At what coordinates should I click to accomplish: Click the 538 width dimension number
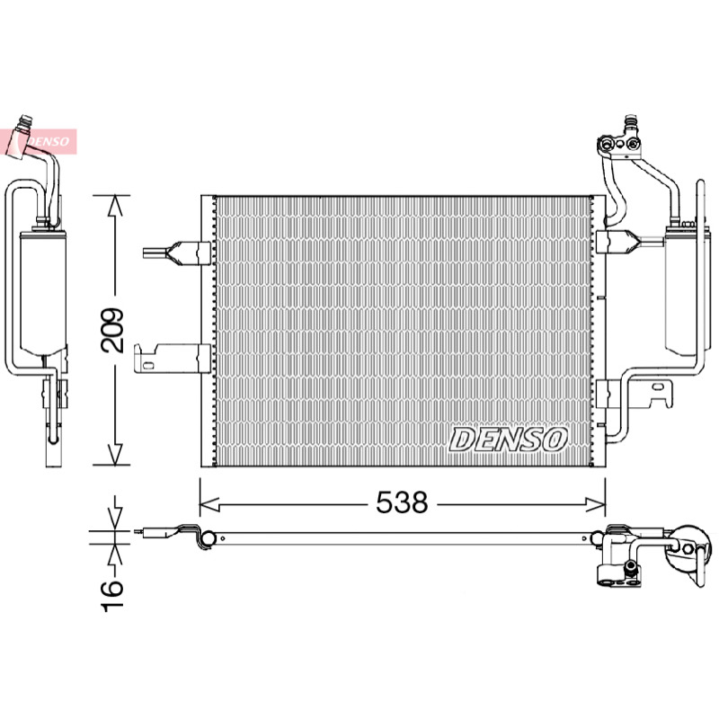pos(402,502)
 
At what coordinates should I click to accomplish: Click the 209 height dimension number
pos(112,330)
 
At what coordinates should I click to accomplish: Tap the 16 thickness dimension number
pos(112,596)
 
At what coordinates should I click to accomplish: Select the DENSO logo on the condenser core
pos(508,439)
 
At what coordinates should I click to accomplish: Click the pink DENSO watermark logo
pos(39,142)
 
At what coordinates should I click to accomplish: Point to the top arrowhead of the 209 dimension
pos(115,205)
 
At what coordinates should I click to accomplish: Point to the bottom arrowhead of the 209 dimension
pos(115,455)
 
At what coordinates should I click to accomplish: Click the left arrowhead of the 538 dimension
pos(209,504)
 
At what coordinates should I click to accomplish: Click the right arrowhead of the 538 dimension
pos(595,504)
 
